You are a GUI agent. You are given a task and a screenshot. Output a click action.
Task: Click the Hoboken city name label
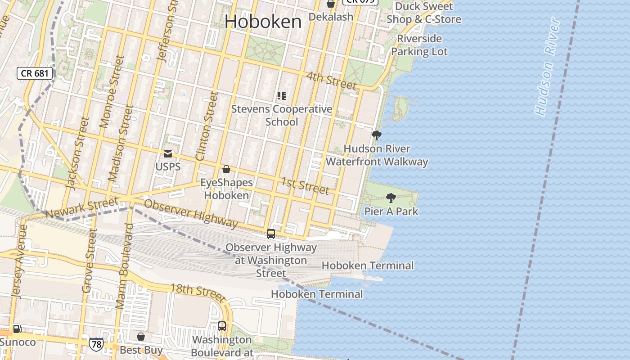(263, 22)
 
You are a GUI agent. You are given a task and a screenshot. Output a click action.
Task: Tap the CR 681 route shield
(35, 73)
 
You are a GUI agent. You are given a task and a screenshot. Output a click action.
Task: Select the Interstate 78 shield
(96, 344)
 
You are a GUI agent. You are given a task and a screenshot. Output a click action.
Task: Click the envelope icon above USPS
(168, 154)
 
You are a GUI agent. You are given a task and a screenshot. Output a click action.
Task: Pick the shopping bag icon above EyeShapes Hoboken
(226, 169)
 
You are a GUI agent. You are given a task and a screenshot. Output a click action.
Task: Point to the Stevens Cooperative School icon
(282, 95)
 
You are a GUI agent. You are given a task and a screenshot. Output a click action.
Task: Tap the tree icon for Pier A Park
(391, 198)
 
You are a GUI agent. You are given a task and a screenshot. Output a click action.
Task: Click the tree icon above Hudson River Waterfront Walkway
(377, 135)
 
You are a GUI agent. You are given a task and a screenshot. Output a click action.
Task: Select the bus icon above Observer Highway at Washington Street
(271, 234)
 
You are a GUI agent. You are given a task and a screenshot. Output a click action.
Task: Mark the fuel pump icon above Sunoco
(17, 329)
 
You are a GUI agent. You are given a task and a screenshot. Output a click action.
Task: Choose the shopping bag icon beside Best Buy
(141, 337)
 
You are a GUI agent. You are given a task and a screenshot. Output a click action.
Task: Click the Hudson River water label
(548, 67)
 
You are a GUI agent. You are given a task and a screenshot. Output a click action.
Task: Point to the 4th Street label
(331, 80)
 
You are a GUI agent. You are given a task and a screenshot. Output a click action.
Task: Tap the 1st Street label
(305, 185)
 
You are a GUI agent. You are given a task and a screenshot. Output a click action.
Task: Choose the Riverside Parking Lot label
(419, 45)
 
